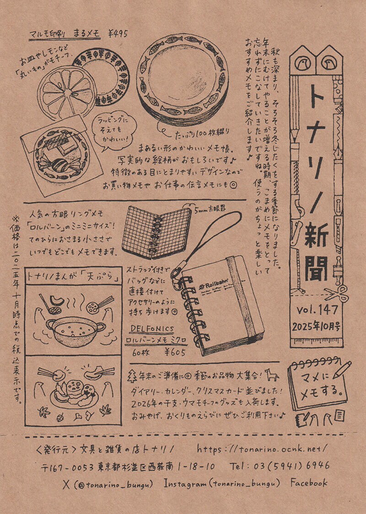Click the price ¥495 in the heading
coord(118,33)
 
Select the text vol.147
coord(317,310)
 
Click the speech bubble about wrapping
coord(114,128)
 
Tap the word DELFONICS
coord(151,328)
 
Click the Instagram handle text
coord(221,483)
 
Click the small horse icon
coord(274,376)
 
